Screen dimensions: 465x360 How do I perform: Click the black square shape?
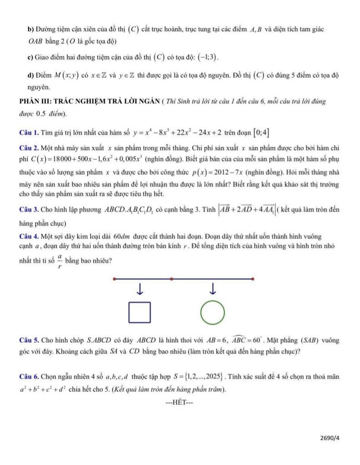click(x=140, y=312)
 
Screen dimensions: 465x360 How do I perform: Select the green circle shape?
click(x=212, y=312)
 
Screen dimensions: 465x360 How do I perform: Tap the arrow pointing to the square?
click(x=140, y=289)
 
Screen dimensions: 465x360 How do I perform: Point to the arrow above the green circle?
click(x=212, y=289)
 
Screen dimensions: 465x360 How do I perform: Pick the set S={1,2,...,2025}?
click(x=197, y=377)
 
